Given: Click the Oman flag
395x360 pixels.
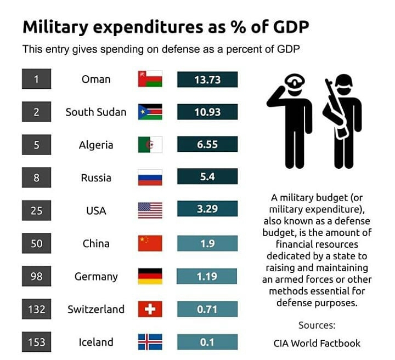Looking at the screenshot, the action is pos(150,79).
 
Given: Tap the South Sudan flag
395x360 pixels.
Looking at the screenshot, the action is pos(150,112).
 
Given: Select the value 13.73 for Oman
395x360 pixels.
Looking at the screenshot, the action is pos(207,79).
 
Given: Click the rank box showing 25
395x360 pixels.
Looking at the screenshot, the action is pos(37,210).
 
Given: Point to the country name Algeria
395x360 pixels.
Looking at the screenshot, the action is pos(96,145).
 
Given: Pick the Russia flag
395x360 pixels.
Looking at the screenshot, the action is pos(150,178).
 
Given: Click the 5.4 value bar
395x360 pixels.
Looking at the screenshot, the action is pos(207,176).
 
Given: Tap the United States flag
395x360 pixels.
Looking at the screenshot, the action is pos(150,210).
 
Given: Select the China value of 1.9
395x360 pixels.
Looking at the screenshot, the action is pos(207,243).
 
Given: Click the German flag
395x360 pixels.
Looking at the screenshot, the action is pos(150,276).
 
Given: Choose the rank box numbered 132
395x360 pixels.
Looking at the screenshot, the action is pos(37,309).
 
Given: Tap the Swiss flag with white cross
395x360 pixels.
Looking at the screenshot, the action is pos(150,309).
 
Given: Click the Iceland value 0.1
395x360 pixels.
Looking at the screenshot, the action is pos(207,342).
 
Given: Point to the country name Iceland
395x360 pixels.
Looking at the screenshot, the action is pos(96,342).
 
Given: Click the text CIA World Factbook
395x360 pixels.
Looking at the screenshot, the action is pos(317,343).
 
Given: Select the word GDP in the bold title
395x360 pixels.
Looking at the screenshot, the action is pos(291,27).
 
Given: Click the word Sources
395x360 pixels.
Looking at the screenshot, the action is pos(317,325).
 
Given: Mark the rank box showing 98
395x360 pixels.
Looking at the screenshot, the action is pos(37,276).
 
